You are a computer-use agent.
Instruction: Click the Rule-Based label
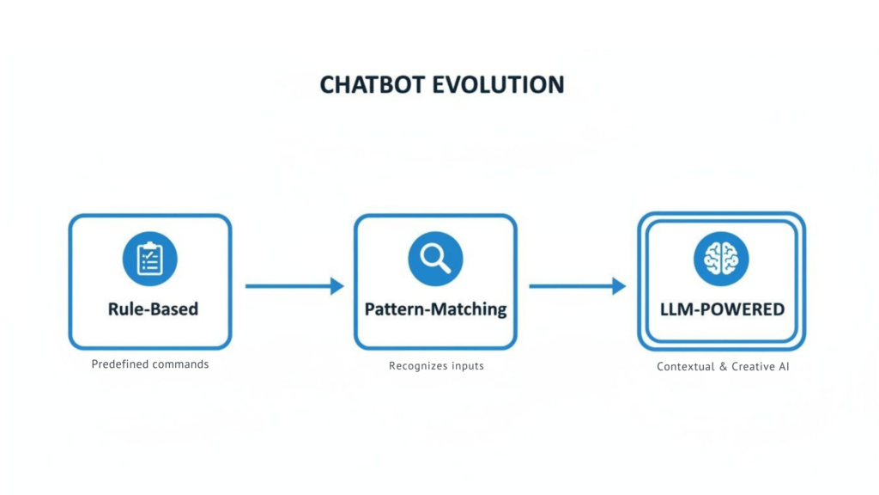pos(153,309)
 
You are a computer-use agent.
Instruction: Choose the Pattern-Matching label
pos(435,309)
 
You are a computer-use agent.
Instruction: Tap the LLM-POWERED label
pos(722,309)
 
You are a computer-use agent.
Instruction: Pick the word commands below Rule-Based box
pos(180,364)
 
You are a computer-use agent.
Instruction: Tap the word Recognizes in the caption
pos(417,366)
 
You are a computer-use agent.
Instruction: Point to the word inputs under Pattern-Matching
pos(467,366)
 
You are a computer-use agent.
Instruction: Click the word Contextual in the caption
pos(685,367)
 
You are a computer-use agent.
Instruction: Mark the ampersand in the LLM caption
pos(724,367)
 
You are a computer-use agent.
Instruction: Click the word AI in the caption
pos(784,367)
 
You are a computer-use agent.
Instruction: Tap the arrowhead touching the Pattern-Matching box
pos(337,286)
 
